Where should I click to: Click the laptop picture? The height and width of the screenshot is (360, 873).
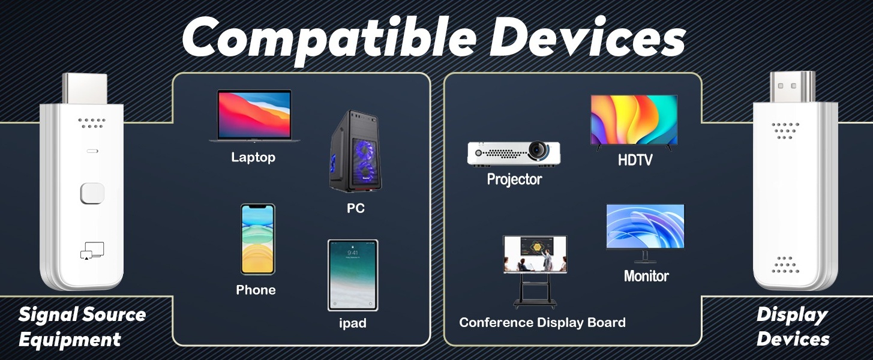[x=254, y=116]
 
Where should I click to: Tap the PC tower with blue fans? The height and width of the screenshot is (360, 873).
[x=355, y=152]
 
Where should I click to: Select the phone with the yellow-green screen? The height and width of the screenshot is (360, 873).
[x=257, y=239]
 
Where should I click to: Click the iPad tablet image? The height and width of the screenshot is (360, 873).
[x=353, y=275]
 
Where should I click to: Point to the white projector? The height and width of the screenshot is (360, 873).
[x=514, y=154]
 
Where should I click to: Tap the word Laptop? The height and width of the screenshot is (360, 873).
[x=253, y=157]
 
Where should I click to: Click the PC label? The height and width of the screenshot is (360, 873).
[x=356, y=208]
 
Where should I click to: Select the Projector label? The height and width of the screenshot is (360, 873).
[x=514, y=179]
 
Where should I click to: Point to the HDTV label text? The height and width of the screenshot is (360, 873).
[x=635, y=160]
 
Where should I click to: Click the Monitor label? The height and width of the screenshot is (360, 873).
[x=647, y=276]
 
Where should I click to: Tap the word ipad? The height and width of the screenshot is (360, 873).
[x=353, y=323]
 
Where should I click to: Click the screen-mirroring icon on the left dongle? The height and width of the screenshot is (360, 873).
[x=92, y=251]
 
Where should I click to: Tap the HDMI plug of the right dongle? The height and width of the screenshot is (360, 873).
[x=793, y=87]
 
